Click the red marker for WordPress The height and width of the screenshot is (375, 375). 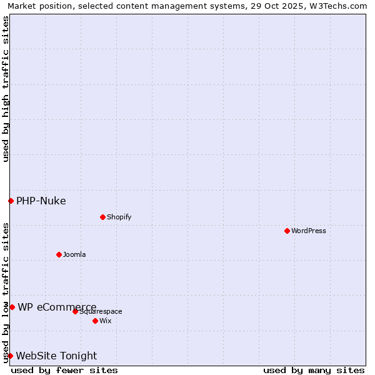[287, 231]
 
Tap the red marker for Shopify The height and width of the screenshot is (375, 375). [102, 217]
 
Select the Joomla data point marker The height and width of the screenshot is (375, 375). [59, 254]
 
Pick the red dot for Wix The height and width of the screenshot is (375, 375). [95, 321]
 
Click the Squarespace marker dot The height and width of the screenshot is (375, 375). [75, 311]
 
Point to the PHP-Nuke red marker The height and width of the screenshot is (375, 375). [11, 201]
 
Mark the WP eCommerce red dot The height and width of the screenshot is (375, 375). [12, 307]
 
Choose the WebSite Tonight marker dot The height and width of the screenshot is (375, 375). [10, 356]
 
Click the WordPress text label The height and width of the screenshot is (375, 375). [309, 231]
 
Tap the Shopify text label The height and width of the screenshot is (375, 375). [119, 217]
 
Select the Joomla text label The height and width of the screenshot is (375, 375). [74, 254]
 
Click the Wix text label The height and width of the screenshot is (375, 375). [105, 321]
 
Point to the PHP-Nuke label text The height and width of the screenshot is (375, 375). [41, 201]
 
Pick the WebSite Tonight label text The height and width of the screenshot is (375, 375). [56, 356]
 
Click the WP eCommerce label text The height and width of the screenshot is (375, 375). [57, 307]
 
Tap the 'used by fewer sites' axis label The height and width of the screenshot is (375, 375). [64, 370]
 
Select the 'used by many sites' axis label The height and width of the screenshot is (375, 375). [314, 370]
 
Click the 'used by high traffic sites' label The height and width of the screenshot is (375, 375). [6, 89]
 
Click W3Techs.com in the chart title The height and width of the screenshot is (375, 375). [336, 6]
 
